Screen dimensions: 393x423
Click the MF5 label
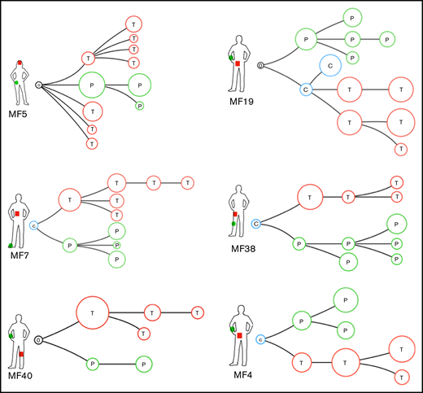point(16,111)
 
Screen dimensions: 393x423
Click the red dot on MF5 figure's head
point(19,63)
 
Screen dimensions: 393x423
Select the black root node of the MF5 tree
point(40,84)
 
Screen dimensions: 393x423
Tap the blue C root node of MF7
point(33,225)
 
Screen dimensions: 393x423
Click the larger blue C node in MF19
point(329,64)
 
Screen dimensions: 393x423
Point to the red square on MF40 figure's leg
point(21,354)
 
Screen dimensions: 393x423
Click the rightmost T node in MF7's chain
point(188,183)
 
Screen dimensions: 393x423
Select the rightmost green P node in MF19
point(387,38)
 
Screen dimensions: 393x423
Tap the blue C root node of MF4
point(260,338)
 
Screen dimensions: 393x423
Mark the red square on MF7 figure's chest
point(17,213)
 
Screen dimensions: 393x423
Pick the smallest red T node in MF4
point(400,377)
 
